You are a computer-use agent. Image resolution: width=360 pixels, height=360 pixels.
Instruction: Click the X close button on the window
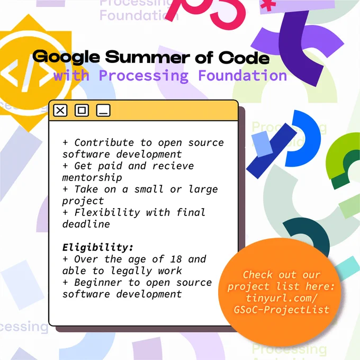(x=60, y=111)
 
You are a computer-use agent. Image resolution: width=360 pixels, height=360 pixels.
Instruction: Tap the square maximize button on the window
(x=82, y=111)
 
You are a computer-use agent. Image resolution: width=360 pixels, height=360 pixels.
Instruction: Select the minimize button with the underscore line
(x=103, y=111)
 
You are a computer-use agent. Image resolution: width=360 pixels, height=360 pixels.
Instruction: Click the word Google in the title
(x=66, y=57)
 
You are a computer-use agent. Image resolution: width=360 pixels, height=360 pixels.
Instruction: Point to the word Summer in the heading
(x=147, y=57)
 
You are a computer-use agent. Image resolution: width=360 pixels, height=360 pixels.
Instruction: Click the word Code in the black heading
(x=244, y=57)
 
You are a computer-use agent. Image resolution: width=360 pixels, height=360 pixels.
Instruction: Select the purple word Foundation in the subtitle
(x=242, y=76)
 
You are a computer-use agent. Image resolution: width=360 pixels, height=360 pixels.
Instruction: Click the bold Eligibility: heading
(x=98, y=248)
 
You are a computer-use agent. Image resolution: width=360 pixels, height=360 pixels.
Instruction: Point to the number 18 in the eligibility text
(x=176, y=259)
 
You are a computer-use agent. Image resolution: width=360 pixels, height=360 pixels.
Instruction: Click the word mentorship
(x=92, y=178)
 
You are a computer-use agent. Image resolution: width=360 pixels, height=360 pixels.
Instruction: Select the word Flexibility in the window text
(x=107, y=212)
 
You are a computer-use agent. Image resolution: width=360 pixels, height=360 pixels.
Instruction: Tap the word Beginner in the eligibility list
(x=98, y=283)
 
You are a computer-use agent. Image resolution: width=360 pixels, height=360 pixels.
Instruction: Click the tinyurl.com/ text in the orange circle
(x=282, y=298)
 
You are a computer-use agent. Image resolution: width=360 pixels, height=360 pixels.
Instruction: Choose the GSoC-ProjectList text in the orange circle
(x=282, y=310)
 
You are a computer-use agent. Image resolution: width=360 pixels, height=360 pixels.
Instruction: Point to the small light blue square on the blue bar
(x=262, y=144)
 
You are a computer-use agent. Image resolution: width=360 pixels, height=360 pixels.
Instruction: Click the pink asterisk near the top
(x=268, y=5)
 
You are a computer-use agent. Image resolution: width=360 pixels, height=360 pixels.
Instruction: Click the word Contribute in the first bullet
(x=104, y=142)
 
